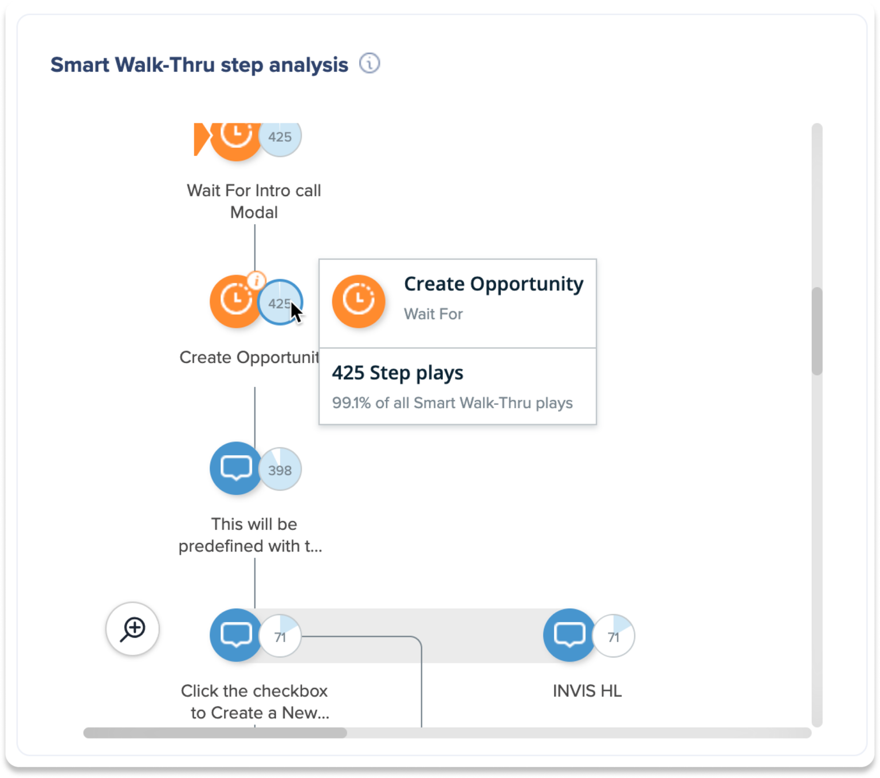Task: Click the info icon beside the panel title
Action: pyautogui.click(x=370, y=64)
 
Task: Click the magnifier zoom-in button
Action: pyautogui.click(x=132, y=629)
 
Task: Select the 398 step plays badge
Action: pyautogui.click(x=280, y=470)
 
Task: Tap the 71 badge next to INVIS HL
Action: pyautogui.click(x=614, y=636)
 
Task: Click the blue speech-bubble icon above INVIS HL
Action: pyautogui.click(x=569, y=635)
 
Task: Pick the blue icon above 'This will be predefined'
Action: pyautogui.click(x=236, y=468)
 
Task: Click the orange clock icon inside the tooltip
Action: pyautogui.click(x=359, y=301)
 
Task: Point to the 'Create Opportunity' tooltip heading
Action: pyautogui.click(x=493, y=284)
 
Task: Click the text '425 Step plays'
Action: pyautogui.click(x=398, y=373)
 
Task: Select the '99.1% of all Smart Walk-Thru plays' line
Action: pyautogui.click(x=452, y=403)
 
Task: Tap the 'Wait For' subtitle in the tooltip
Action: pyautogui.click(x=433, y=314)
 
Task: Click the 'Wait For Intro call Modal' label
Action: pyautogui.click(x=254, y=201)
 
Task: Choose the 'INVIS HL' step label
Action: pyautogui.click(x=587, y=691)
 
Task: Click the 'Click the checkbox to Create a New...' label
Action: pyautogui.click(x=254, y=702)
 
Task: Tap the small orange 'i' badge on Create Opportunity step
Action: pyautogui.click(x=256, y=281)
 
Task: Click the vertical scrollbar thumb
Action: pyautogui.click(x=817, y=331)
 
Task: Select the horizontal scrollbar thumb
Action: pyautogui.click(x=215, y=733)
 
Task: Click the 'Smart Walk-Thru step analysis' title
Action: pyautogui.click(x=199, y=65)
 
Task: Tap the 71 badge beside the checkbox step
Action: pyautogui.click(x=280, y=636)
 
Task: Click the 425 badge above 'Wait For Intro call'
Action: pyautogui.click(x=280, y=137)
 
